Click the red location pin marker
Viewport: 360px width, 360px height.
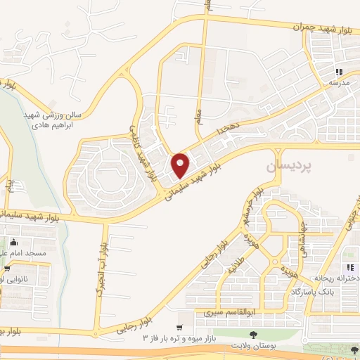(x=181, y=165)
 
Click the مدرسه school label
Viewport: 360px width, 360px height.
(x=338, y=82)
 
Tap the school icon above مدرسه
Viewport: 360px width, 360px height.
(x=338, y=72)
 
